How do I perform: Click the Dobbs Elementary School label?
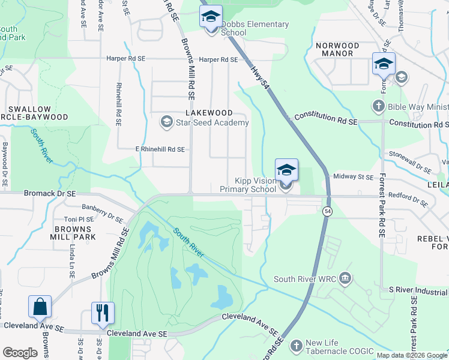tap(255, 29)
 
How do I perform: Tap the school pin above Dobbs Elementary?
tap(211, 17)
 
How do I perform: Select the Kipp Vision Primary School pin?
tap(286, 171)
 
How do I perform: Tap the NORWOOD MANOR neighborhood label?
tap(337, 50)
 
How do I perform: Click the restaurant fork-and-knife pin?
tap(103, 313)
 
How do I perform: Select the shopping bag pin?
tap(40, 307)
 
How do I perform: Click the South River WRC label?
tap(304, 279)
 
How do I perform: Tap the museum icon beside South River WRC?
tap(345, 278)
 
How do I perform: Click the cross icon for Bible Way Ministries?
tap(378, 107)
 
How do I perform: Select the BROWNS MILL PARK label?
tap(76, 233)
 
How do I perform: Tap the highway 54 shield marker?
tap(327, 211)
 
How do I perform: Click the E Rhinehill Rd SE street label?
tap(151, 149)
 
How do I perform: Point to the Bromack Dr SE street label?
tap(49, 194)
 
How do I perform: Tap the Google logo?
tap(20, 353)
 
